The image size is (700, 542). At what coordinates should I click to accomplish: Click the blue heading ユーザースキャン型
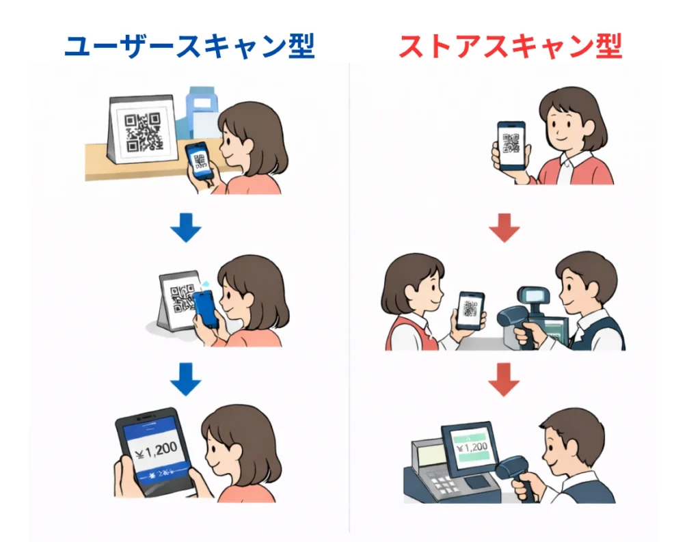coord(189,46)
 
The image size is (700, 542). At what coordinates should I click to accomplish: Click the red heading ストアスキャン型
coord(510,46)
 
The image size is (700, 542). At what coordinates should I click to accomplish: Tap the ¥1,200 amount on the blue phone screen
coord(156,448)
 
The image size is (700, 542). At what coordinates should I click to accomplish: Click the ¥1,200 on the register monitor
coord(472,448)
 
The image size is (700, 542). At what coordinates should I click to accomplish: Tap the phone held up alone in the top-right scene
coord(511,146)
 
